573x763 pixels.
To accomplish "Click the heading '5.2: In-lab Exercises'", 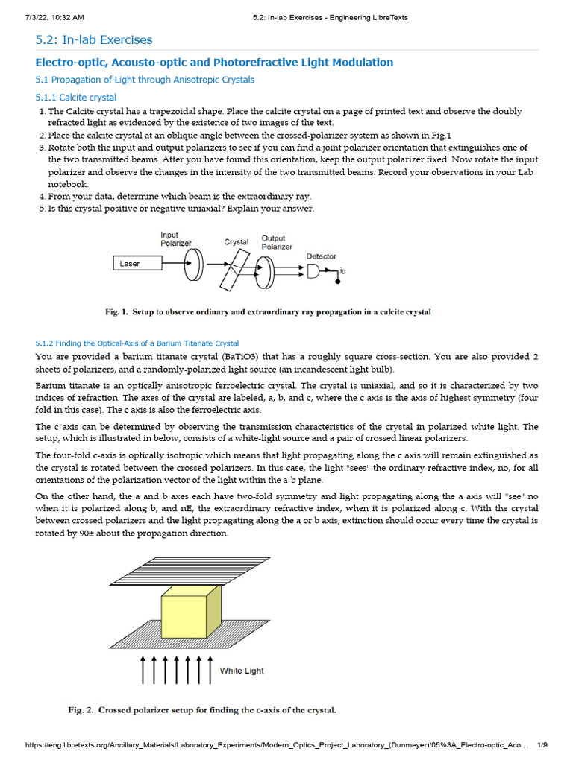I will pyautogui.click(x=94, y=39).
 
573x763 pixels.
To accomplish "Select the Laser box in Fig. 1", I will pyautogui.click(x=138, y=263).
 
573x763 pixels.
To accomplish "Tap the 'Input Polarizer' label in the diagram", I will pyautogui.click(x=176, y=238).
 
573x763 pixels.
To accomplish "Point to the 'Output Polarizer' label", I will pyautogui.click(x=277, y=242).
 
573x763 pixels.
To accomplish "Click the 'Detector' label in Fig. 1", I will pyautogui.click(x=322, y=256).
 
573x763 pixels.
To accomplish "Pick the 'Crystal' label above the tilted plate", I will pyautogui.click(x=237, y=242).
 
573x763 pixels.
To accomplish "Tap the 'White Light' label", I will pyautogui.click(x=242, y=671).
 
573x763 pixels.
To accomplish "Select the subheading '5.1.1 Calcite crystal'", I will pyautogui.click(x=76, y=98).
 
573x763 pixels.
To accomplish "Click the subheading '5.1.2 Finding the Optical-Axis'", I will pyautogui.click(x=137, y=343).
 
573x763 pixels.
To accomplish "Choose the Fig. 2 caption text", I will pyautogui.click(x=202, y=710).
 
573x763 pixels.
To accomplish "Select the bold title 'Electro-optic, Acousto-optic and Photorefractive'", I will pyautogui.click(x=215, y=62).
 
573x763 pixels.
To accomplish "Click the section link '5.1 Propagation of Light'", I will pyautogui.click(x=145, y=80).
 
